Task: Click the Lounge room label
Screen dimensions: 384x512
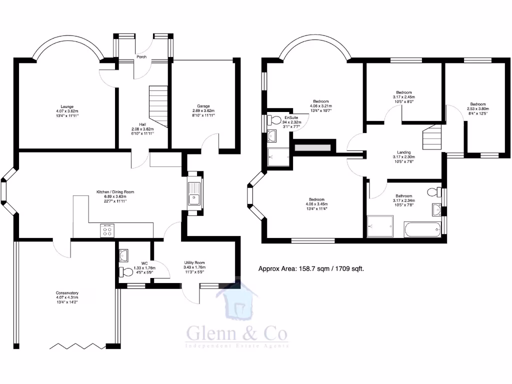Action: tap(67, 106)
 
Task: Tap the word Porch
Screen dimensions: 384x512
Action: tap(141, 57)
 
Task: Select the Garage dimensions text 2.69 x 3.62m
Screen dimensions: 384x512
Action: tap(203, 111)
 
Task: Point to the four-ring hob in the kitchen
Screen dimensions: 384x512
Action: tap(107, 230)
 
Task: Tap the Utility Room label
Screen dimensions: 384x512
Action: tap(194, 262)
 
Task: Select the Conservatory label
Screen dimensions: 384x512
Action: tap(67, 293)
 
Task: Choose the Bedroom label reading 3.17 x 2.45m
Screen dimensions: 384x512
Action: tap(404, 92)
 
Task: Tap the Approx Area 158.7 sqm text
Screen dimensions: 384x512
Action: tap(310, 268)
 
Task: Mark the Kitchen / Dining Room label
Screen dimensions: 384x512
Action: tap(115, 191)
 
